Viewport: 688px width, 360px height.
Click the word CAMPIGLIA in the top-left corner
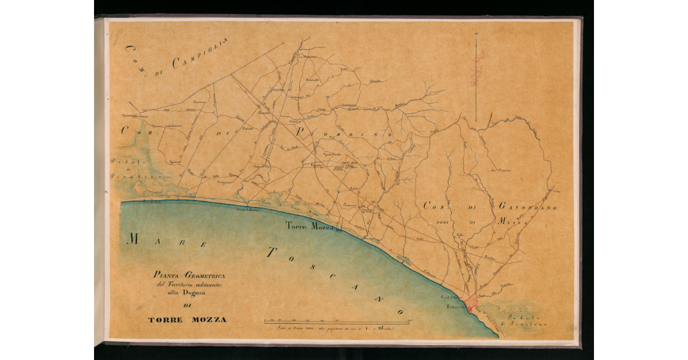[x=201, y=51]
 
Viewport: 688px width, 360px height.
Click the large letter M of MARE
[x=132, y=239]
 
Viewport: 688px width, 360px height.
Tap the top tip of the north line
[x=476, y=32]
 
